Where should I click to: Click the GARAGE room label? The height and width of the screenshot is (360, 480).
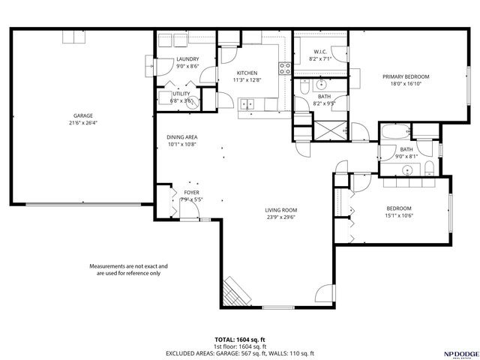(x=83, y=115)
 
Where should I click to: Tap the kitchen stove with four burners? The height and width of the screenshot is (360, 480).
(x=284, y=70)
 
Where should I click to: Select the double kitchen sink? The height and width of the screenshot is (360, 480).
(x=247, y=103)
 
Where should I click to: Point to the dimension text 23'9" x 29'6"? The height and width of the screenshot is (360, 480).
(x=281, y=217)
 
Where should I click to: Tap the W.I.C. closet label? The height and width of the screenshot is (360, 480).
(x=319, y=52)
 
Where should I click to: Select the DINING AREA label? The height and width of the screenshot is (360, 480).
(x=181, y=137)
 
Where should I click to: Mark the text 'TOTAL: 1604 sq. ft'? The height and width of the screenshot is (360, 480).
(x=239, y=340)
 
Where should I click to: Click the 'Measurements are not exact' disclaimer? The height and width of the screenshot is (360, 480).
(x=128, y=269)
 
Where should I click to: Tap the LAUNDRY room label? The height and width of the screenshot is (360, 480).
(x=187, y=59)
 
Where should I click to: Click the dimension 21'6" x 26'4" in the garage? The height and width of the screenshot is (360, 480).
(x=83, y=123)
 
